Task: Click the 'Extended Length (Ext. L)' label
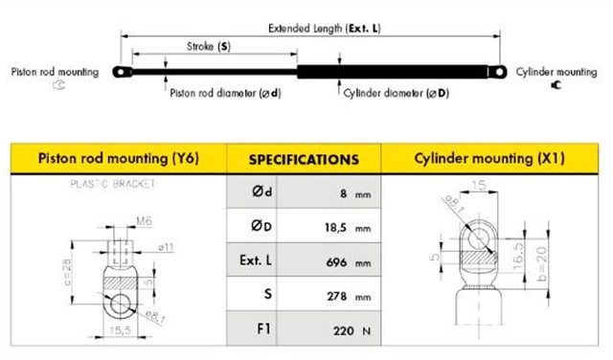coord(324,29)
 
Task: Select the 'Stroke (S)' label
coord(209,47)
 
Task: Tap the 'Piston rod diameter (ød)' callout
coord(226,93)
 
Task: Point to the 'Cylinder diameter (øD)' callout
coord(396,93)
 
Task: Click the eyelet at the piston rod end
coord(122,72)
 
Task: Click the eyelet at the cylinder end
coord(498,72)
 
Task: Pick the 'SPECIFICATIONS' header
coord(304,160)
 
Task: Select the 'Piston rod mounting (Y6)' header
coord(119,158)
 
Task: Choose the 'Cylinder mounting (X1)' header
coord(489,158)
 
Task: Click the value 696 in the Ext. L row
coord(336,262)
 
